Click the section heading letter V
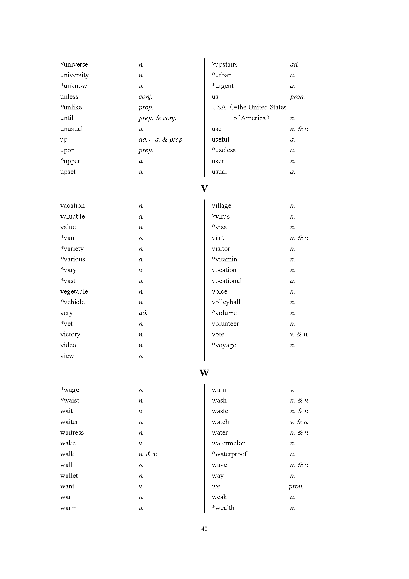(x=204, y=189)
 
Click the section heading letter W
(x=204, y=373)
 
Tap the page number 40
(x=204, y=529)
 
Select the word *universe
(x=74, y=65)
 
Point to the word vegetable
(x=74, y=292)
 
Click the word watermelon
(x=229, y=443)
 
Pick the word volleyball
(x=226, y=302)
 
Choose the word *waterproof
(x=229, y=454)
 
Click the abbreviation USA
(x=219, y=107)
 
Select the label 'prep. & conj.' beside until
(x=157, y=118)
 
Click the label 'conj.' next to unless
(x=145, y=97)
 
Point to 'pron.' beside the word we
(x=296, y=486)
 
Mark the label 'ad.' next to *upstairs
(x=294, y=65)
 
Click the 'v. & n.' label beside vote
(x=299, y=334)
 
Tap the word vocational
(x=227, y=281)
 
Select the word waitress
(x=72, y=432)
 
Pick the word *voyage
(x=224, y=345)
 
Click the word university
(x=74, y=75)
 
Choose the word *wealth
(x=223, y=508)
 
